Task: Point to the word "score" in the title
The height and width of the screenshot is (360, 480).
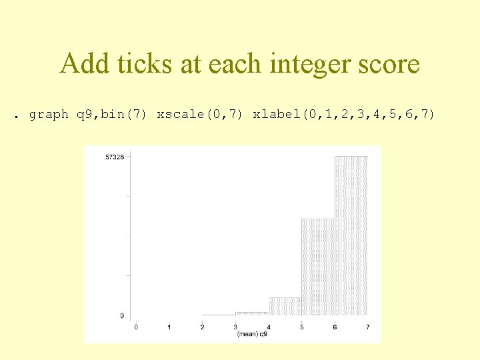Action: (388, 65)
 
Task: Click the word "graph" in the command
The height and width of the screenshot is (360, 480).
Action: (49, 115)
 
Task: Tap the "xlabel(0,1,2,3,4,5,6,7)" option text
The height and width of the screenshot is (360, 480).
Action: (343, 115)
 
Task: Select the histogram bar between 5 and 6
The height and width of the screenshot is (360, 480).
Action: (318, 267)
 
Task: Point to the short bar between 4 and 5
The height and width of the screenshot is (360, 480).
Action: (285, 306)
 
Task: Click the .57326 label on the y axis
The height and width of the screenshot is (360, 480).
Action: (113, 157)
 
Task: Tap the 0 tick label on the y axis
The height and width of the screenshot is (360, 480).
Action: (121, 315)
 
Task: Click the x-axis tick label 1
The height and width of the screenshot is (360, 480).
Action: (169, 327)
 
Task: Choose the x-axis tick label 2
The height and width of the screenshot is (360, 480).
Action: (202, 327)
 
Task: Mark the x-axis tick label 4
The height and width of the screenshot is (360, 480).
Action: (269, 327)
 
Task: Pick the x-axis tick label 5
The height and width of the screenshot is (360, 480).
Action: (301, 327)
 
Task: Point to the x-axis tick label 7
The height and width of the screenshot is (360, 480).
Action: (368, 327)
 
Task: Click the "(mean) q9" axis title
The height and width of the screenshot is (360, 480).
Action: (252, 334)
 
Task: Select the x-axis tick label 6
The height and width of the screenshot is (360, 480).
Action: (335, 327)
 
